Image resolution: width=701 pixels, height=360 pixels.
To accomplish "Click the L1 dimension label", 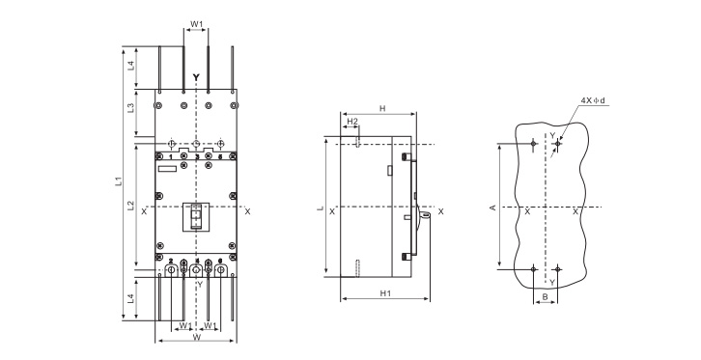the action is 118,181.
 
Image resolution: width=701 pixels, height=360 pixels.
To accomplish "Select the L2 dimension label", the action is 130,206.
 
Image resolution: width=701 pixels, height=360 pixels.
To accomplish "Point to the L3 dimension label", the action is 130,108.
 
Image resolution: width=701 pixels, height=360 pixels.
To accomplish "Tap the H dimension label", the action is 382,108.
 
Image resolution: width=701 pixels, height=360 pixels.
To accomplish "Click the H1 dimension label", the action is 385,293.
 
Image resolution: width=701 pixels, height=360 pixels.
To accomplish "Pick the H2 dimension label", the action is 352,122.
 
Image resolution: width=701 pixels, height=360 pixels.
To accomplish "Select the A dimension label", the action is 492,208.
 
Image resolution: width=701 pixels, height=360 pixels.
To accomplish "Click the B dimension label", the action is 545,296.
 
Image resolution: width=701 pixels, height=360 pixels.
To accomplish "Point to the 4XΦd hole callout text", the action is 593,101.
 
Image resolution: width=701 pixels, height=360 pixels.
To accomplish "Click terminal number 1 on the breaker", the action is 171,156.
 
